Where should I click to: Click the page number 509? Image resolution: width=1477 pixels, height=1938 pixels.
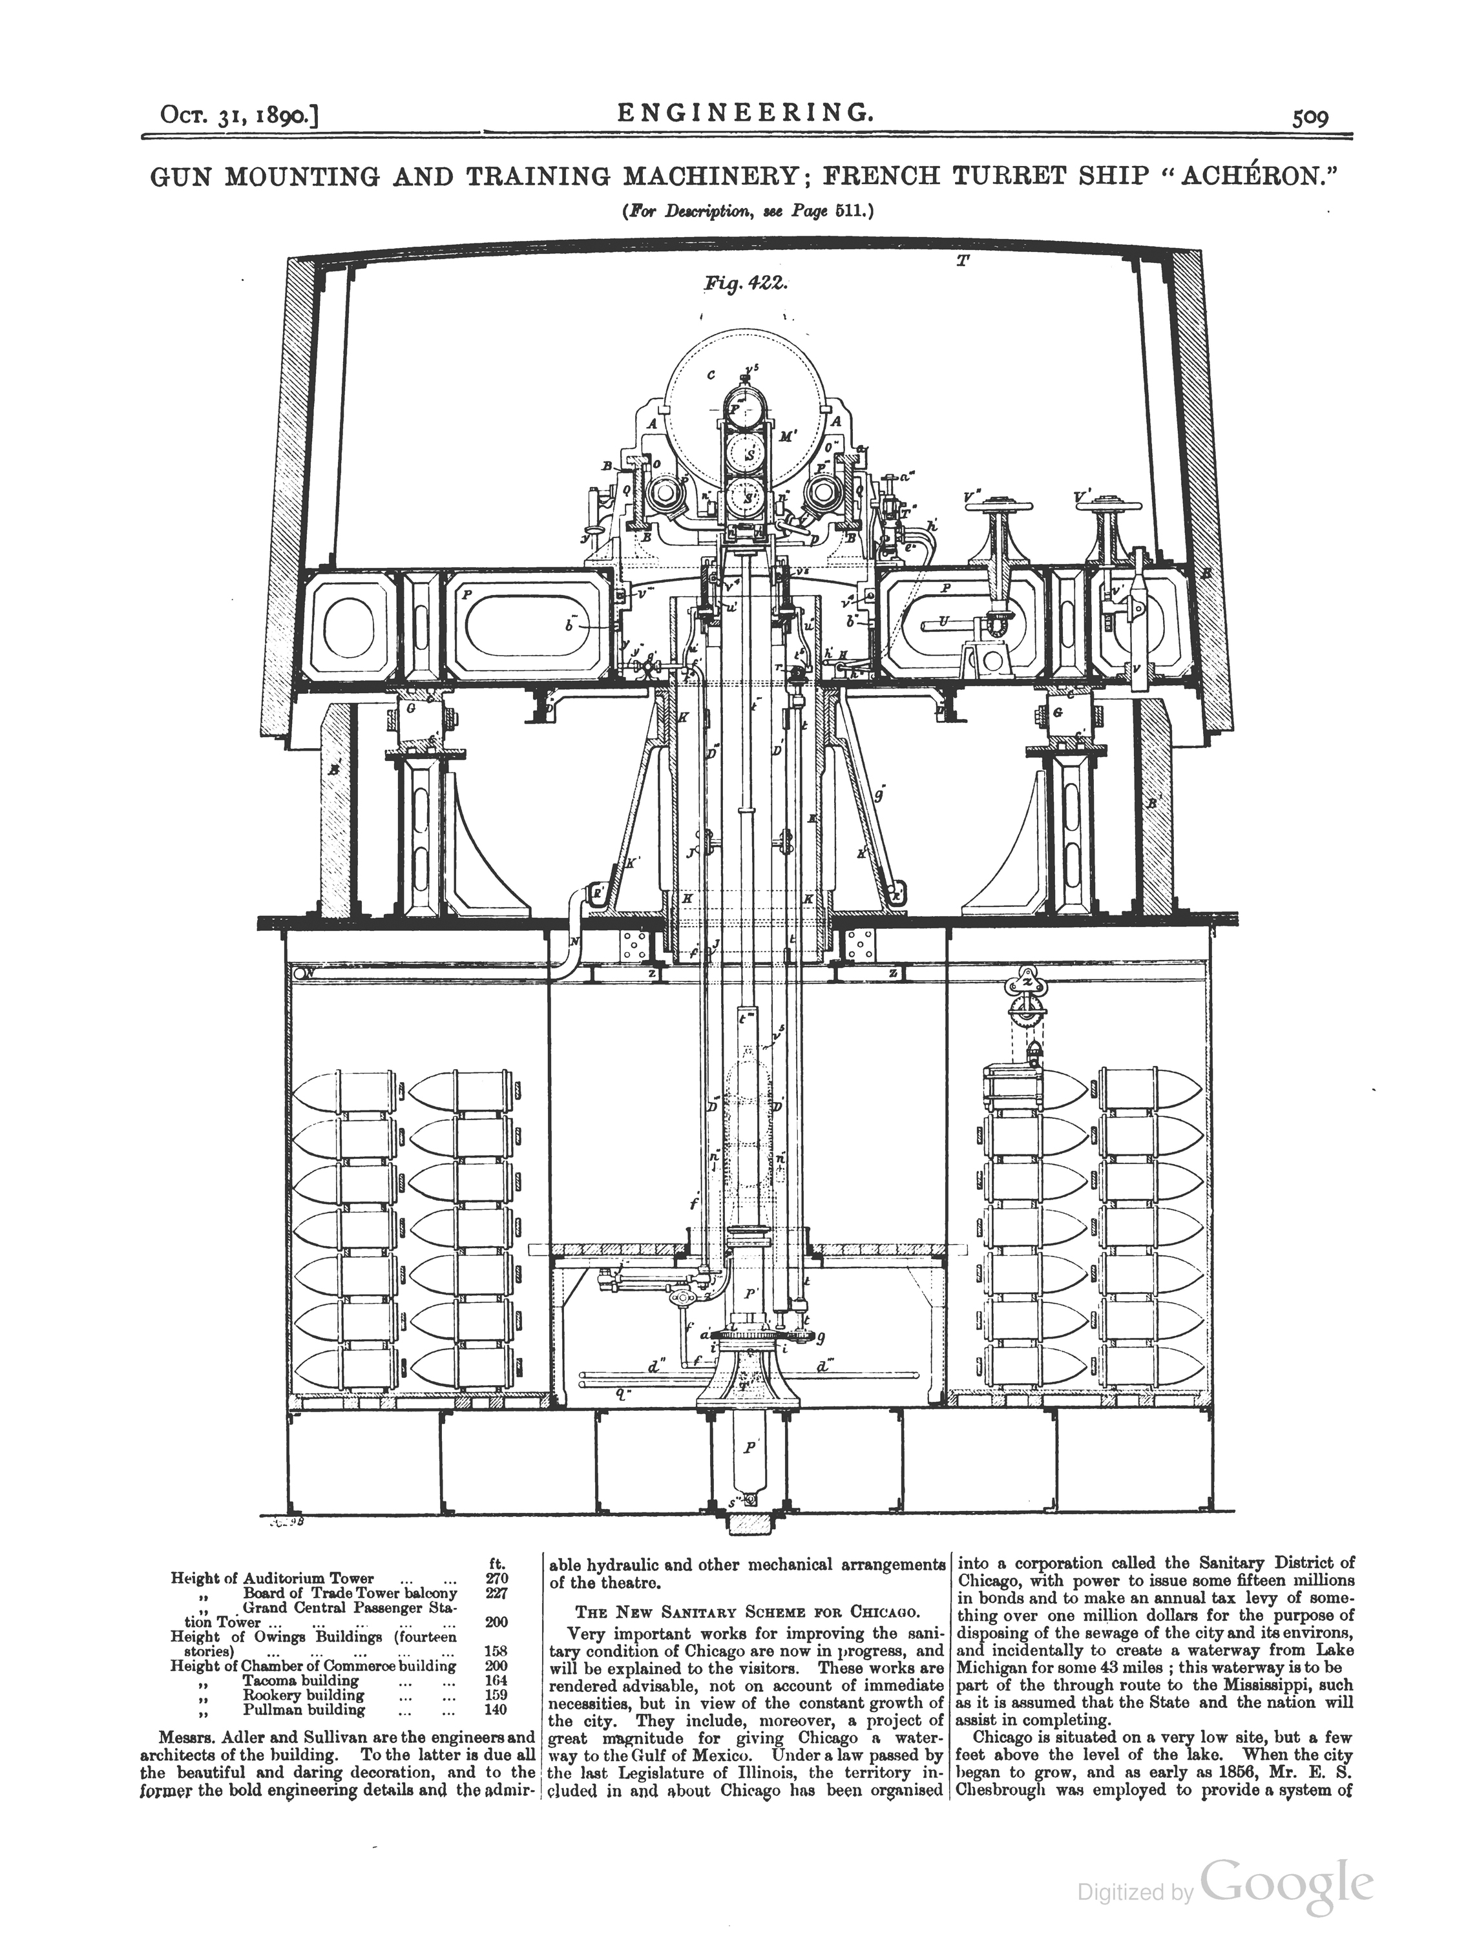(1310, 118)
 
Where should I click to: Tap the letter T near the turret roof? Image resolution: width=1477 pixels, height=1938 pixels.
(963, 261)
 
